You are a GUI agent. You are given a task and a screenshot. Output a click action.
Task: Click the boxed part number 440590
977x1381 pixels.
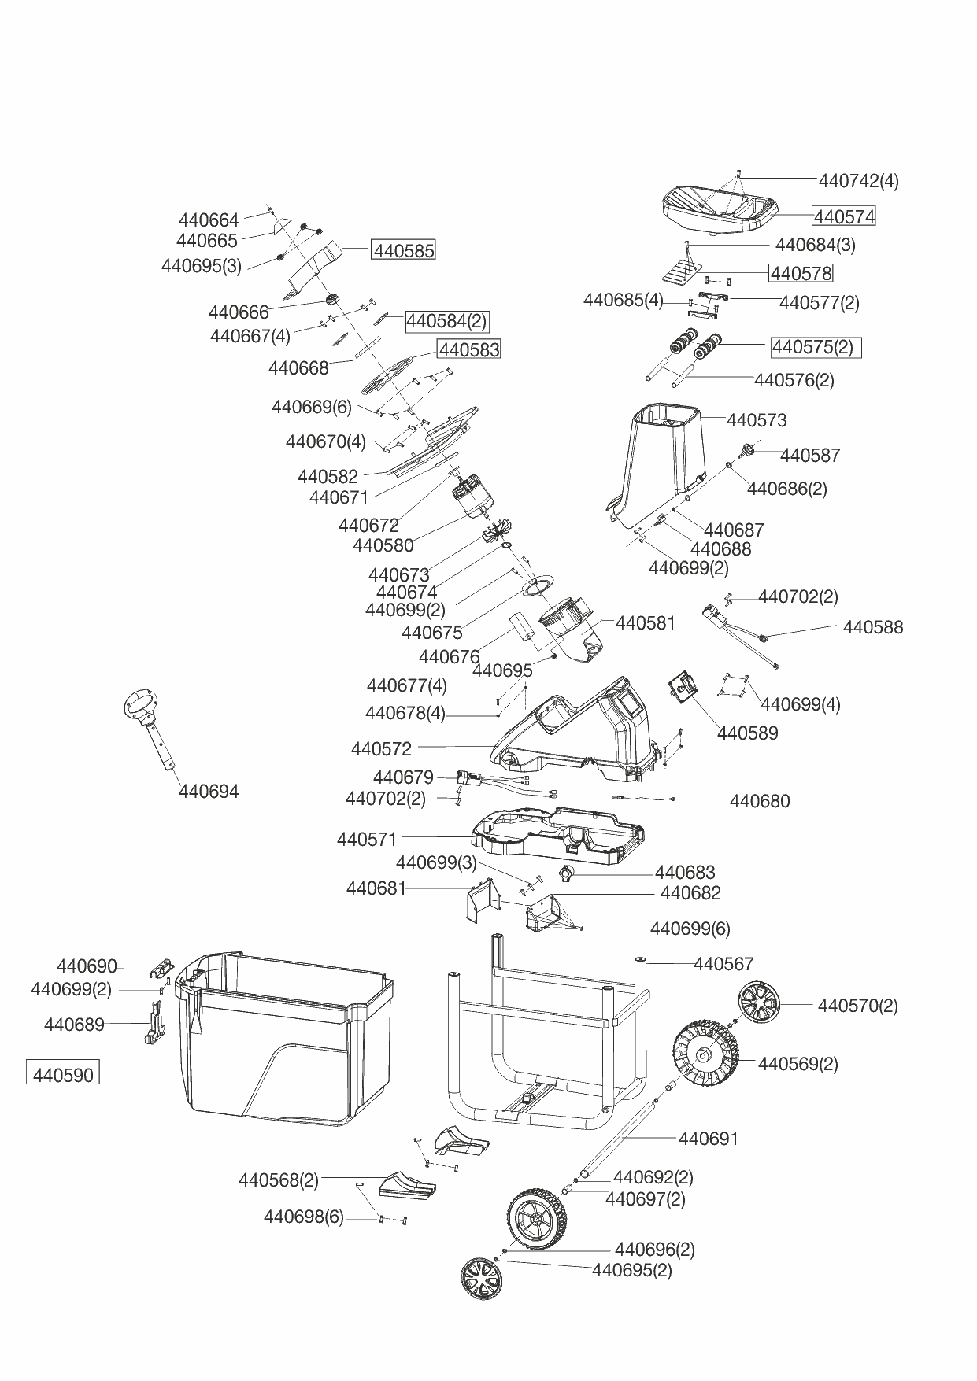(x=63, y=1074)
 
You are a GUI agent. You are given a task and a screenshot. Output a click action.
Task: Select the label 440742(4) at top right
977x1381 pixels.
(x=858, y=181)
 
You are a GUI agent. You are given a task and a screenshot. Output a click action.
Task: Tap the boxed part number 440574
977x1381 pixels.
(x=844, y=216)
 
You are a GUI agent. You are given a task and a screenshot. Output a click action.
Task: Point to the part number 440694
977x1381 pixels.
(x=209, y=792)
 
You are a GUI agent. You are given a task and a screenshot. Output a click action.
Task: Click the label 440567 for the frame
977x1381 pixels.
(x=723, y=964)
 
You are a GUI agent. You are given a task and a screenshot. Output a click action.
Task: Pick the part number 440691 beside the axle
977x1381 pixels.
(x=709, y=1139)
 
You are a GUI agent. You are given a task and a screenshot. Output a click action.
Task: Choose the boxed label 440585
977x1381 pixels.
(x=404, y=251)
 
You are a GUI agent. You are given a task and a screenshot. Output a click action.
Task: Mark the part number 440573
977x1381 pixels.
(x=757, y=420)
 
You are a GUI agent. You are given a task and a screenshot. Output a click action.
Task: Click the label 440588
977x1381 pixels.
(x=873, y=627)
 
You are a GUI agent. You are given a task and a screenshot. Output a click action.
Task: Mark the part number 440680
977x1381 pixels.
(x=760, y=801)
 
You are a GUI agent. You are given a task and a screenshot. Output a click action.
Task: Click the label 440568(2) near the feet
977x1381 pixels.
(x=279, y=1180)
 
